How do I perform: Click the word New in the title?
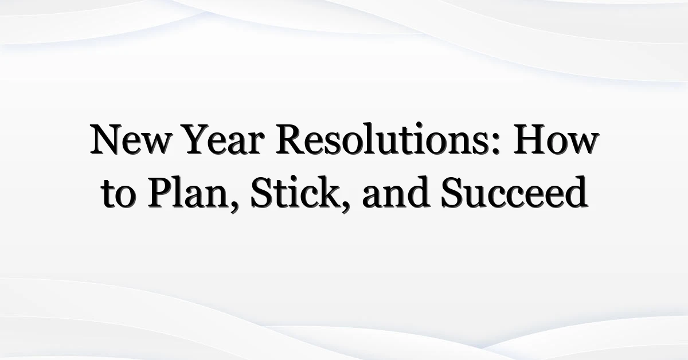point(130,140)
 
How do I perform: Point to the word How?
point(556,140)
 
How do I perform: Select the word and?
point(396,193)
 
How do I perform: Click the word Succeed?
point(514,193)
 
